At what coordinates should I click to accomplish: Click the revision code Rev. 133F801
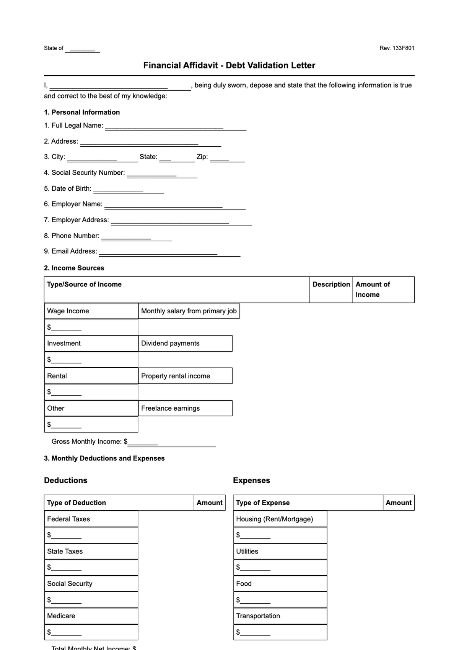click(397, 48)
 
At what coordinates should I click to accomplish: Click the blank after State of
click(82, 49)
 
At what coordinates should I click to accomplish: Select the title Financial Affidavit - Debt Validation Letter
click(229, 65)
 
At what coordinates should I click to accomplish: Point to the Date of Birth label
click(68, 188)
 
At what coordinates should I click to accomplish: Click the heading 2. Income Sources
click(74, 268)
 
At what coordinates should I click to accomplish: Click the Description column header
click(331, 285)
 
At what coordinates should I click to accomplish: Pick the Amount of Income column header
click(373, 290)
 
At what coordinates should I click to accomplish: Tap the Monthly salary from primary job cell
click(189, 311)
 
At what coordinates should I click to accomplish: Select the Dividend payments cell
click(185, 344)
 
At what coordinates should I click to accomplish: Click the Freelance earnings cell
click(185, 408)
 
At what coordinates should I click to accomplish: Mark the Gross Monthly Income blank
click(171, 443)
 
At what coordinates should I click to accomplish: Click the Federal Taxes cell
click(91, 519)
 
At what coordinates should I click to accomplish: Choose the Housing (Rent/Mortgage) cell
click(280, 519)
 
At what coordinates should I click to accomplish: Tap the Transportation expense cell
click(280, 616)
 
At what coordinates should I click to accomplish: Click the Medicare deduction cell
click(91, 616)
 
